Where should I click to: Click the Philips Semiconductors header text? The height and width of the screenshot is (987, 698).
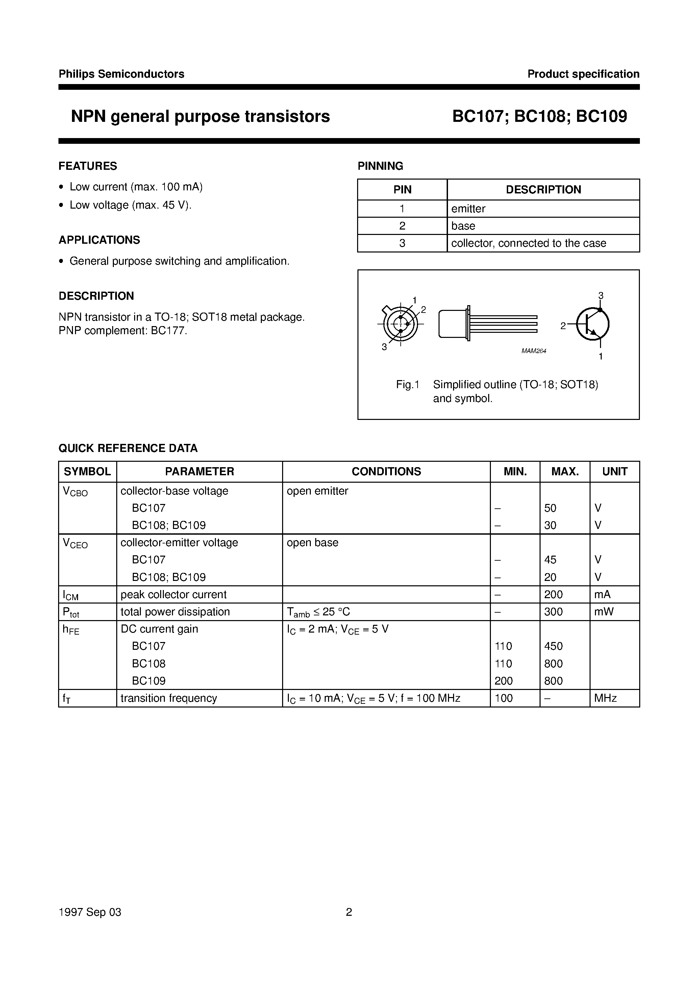click(x=121, y=74)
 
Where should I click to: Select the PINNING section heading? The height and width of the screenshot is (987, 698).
click(x=380, y=166)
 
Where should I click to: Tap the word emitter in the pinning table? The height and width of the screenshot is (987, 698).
click(x=468, y=209)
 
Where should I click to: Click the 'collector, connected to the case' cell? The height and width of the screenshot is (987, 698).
click(x=528, y=243)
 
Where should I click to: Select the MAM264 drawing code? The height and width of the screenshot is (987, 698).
click(x=533, y=351)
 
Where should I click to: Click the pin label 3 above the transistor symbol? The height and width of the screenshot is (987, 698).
click(x=601, y=295)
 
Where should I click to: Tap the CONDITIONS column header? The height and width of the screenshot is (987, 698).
click(x=386, y=472)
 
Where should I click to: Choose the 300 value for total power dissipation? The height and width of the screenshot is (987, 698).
click(x=553, y=612)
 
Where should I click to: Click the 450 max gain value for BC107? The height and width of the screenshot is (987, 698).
click(x=553, y=646)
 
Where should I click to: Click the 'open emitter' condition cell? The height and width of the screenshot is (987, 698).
click(x=317, y=491)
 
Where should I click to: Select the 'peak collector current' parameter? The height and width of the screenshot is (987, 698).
click(x=173, y=594)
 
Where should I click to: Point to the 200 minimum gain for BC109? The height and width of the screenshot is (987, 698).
click(x=503, y=681)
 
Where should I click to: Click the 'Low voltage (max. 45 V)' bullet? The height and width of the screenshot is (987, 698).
click(x=130, y=205)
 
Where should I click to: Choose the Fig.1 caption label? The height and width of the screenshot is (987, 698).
click(x=407, y=385)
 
